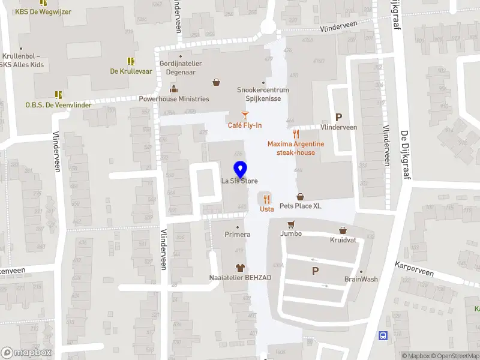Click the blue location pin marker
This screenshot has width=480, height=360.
click(240, 169)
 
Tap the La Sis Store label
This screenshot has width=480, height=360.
click(239, 181)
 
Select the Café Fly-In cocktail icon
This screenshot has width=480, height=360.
click(245, 115)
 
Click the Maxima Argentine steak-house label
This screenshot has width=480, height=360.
click(296, 148)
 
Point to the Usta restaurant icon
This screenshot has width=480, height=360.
click(266, 199)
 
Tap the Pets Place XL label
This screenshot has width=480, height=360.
click(300, 206)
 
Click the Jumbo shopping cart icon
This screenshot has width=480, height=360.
click(291, 224)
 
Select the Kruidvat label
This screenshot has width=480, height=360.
click(343, 239)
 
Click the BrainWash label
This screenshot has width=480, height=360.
click(361, 279)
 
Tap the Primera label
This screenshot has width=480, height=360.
click(238, 234)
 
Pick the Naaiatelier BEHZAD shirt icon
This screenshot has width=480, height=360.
click(240, 267)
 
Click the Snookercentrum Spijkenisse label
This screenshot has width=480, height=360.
click(263, 94)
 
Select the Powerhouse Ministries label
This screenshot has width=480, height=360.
click(174, 99)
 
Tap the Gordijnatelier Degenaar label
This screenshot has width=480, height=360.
click(181, 67)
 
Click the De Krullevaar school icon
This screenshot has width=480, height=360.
click(131, 61)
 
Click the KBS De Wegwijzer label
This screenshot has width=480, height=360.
click(43, 11)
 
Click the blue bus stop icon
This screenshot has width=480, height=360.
click(383, 336)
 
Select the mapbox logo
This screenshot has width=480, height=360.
click(26, 353)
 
